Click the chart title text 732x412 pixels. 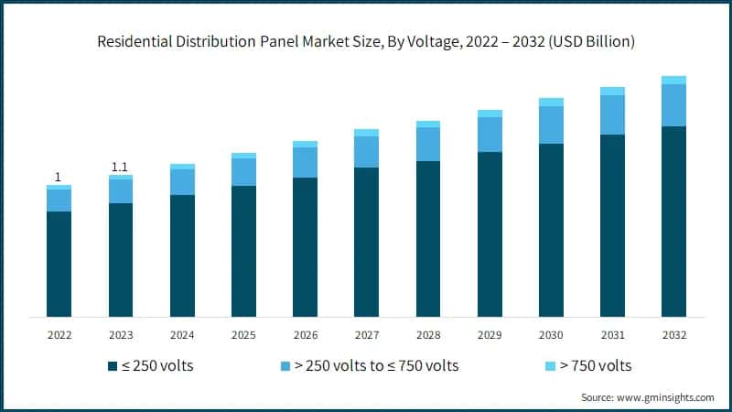point(366,42)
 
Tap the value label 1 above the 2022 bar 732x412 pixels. point(59,177)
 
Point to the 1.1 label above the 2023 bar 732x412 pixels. point(120,167)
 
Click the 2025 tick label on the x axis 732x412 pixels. point(243,334)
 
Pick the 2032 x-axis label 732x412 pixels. point(673,334)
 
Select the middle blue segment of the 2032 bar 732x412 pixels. point(673,104)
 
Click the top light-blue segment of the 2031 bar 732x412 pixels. point(612,91)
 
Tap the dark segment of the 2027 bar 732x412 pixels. point(366,242)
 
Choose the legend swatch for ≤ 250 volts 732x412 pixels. point(113,366)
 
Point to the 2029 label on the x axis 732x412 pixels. point(490,334)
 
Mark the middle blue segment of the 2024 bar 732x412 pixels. point(182,182)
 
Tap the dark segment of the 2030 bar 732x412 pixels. point(551,230)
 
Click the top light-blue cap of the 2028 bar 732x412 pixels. point(428,124)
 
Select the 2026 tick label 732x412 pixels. point(305,334)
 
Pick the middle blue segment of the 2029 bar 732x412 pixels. point(490,134)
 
